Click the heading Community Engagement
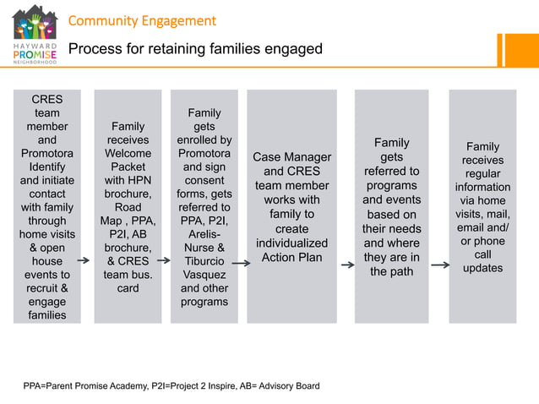pyautogui.click(x=142, y=20)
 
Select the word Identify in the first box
pyautogui.click(x=47, y=167)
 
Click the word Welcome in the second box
pyautogui.click(x=128, y=154)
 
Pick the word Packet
pyautogui.click(x=128, y=167)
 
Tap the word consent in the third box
pyautogui.click(x=204, y=180)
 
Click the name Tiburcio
pyautogui.click(x=204, y=261)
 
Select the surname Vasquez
pyautogui.click(x=204, y=275)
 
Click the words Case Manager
pyautogui.click(x=291, y=157)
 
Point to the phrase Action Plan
pyautogui.click(x=291, y=258)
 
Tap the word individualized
pyautogui.click(x=291, y=243)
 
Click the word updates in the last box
pyautogui.click(x=482, y=268)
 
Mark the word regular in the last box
pyautogui.click(x=482, y=173)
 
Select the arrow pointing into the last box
pyautogui.click(x=440, y=265)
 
